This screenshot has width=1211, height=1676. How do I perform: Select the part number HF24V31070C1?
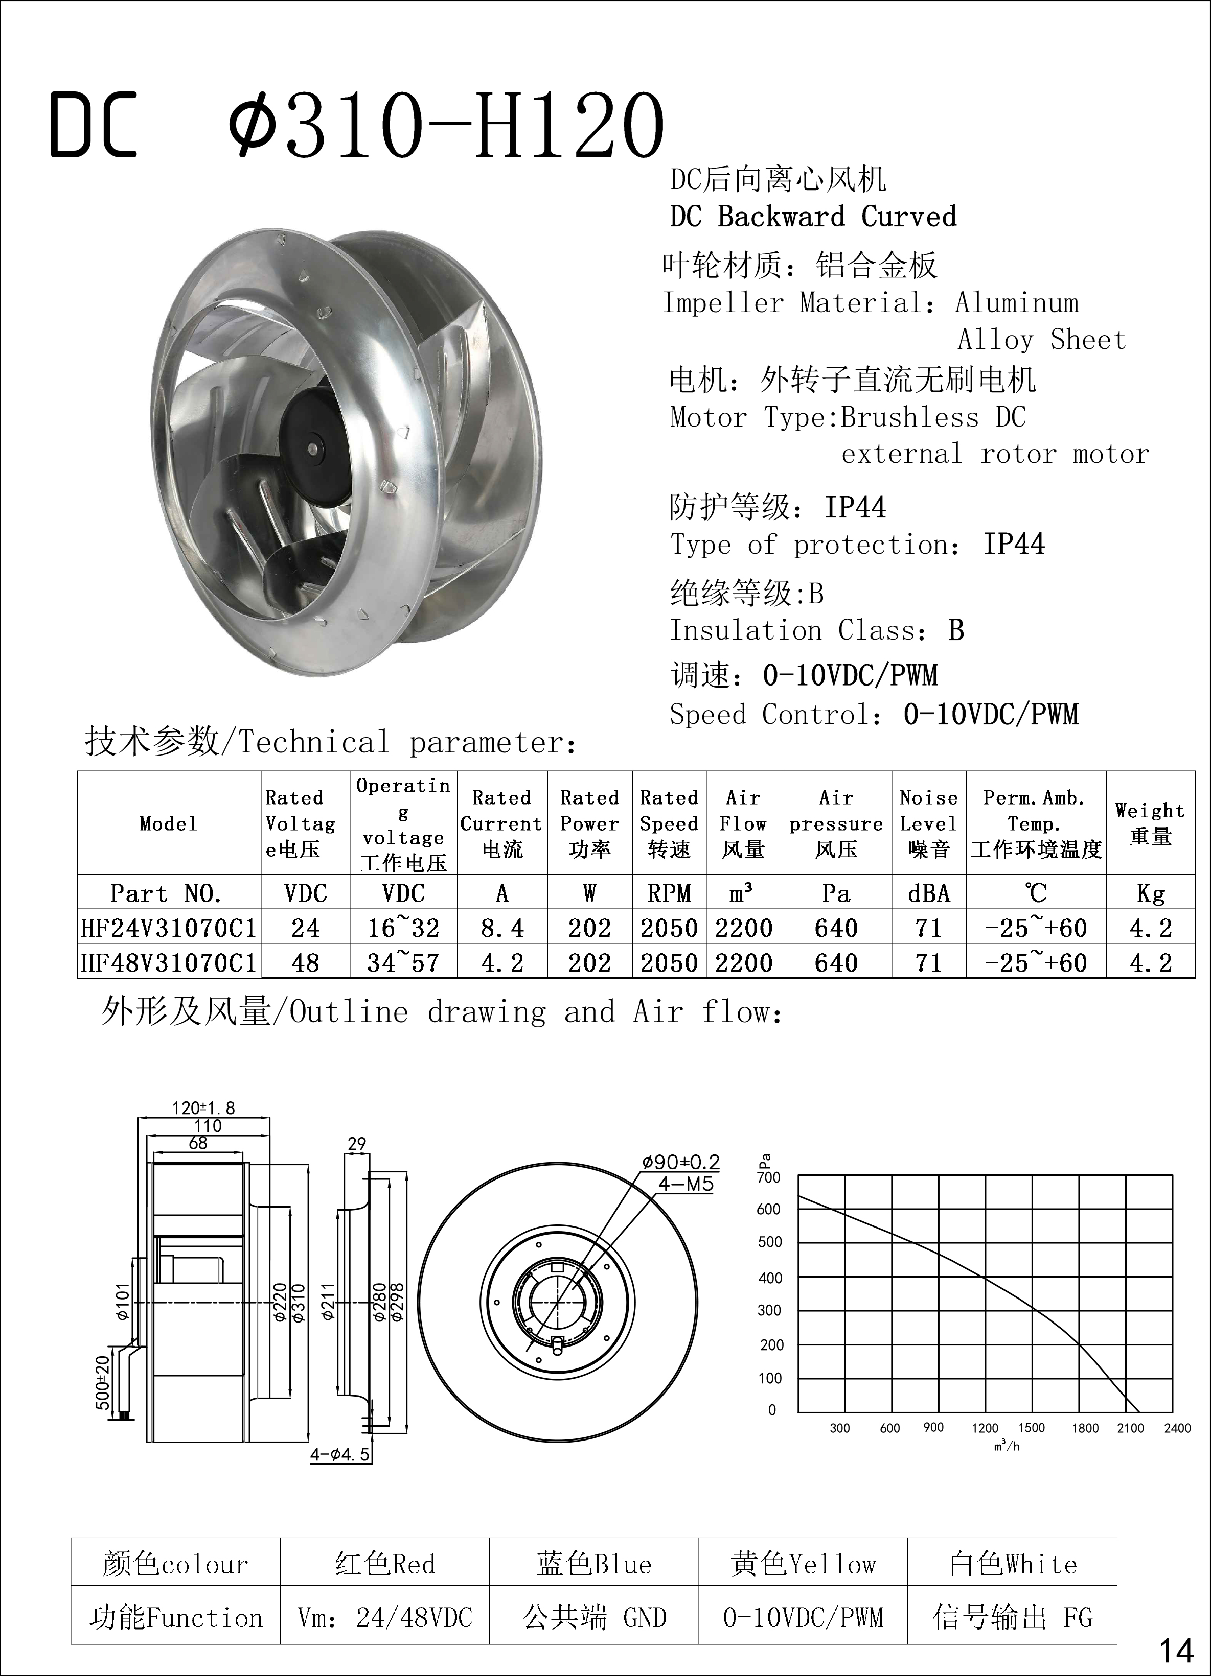[169, 928]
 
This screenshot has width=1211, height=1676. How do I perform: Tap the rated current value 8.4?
[502, 928]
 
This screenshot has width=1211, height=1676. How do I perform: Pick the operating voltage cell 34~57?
[404, 962]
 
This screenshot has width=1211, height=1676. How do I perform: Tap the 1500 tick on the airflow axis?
[1032, 1427]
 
